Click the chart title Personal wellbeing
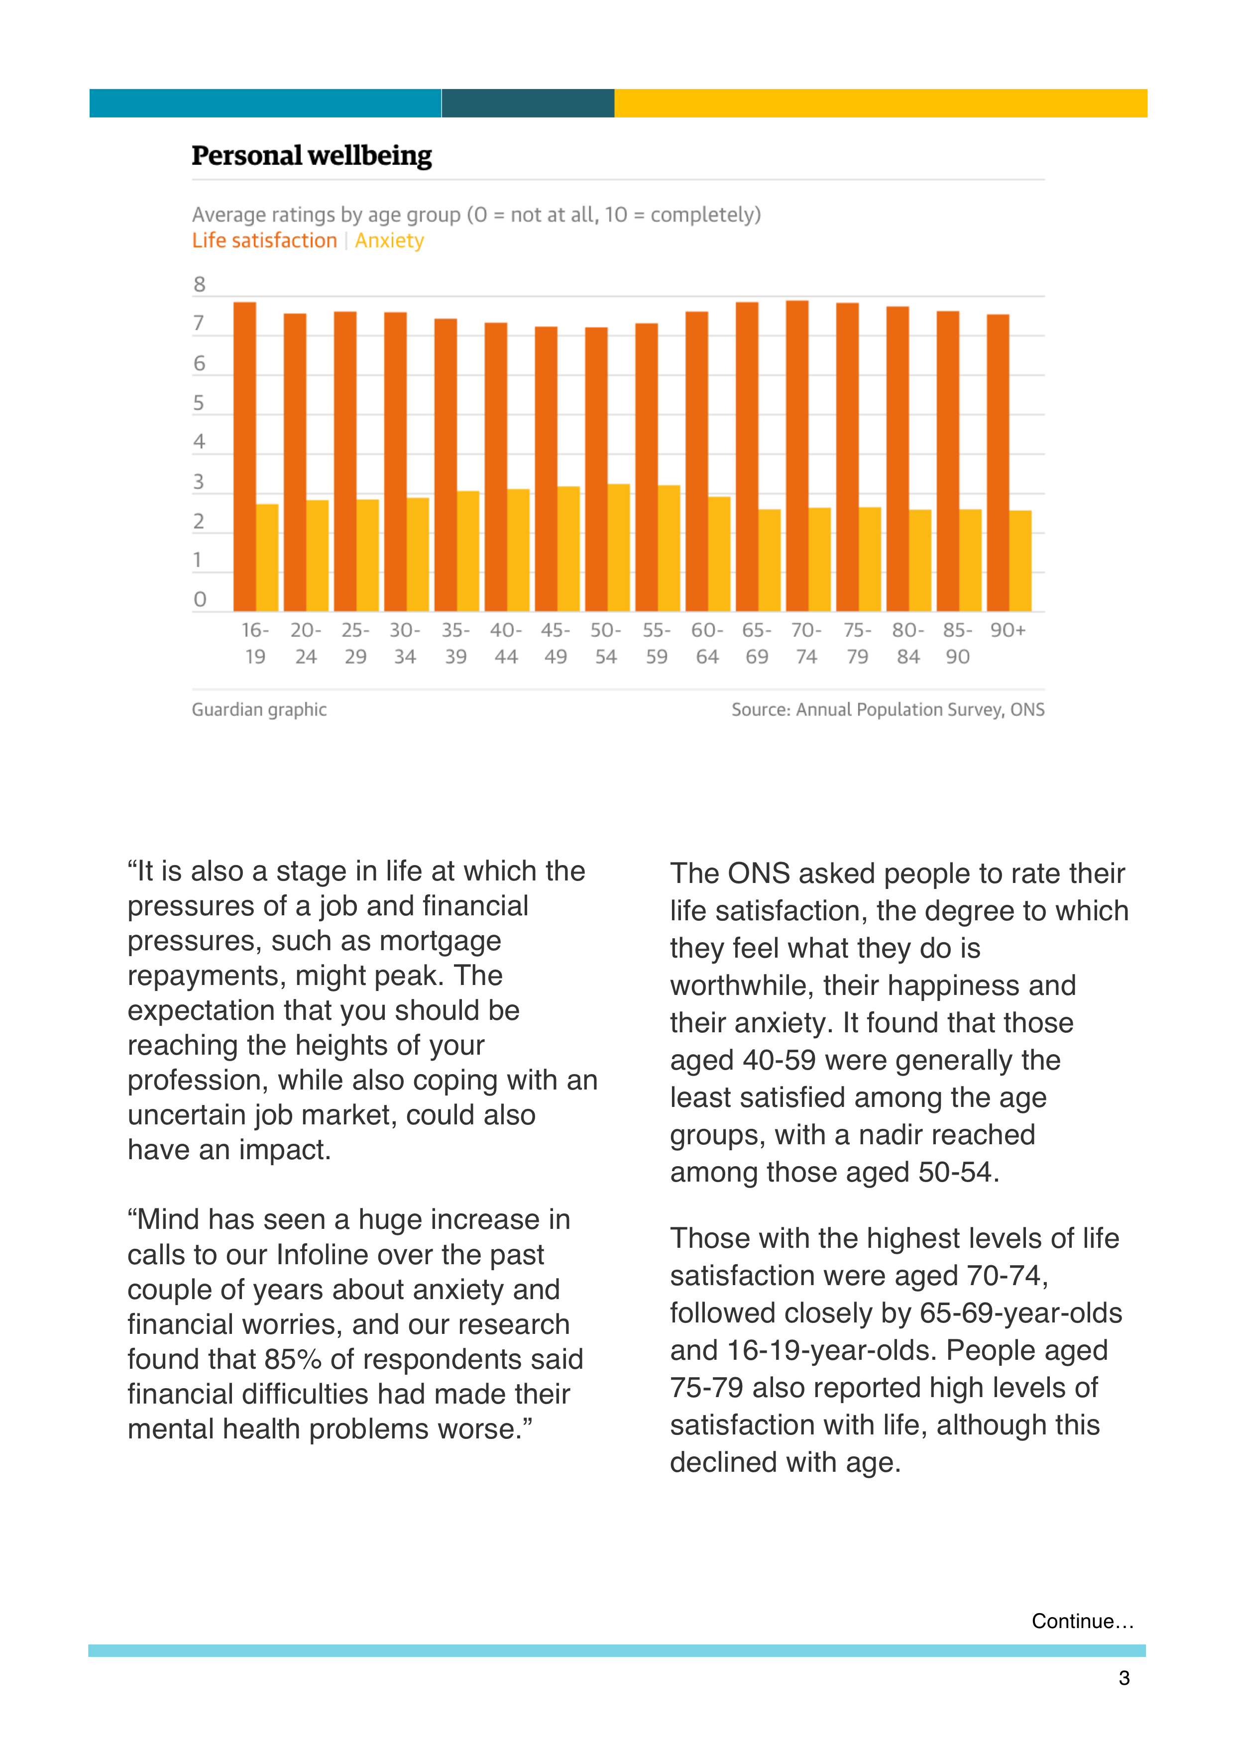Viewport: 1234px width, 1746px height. tap(312, 156)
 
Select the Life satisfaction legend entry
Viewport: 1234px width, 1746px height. tap(264, 240)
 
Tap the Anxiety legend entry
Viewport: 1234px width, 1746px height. tap(389, 241)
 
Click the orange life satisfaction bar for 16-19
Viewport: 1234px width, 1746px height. tap(245, 456)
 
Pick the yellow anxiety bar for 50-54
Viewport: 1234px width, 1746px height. tap(619, 547)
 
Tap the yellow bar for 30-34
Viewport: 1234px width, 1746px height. tap(418, 554)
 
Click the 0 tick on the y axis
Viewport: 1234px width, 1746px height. tap(199, 599)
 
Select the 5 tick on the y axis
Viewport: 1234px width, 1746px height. tap(199, 403)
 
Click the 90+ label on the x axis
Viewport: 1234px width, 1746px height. tap(1008, 631)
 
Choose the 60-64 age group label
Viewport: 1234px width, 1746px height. tap(707, 644)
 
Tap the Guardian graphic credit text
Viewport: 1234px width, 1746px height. tap(259, 710)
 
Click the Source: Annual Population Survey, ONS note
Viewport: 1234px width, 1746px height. tap(888, 710)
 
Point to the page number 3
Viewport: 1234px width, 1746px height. tap(1124, 1678)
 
